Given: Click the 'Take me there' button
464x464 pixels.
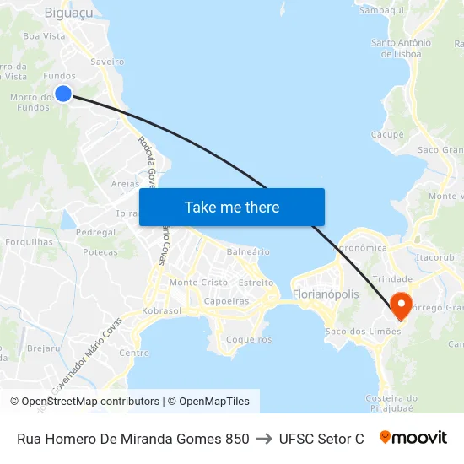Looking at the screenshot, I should point(232,208).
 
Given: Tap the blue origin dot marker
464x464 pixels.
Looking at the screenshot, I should point(62,94).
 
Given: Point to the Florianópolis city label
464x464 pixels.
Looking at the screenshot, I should point(326,295).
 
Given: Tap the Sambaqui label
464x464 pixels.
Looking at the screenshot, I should point(382,10).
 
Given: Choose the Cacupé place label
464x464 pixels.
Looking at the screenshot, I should point(387,134).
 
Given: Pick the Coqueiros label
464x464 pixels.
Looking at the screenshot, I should point(250,340).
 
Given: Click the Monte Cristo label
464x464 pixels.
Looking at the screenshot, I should point(198,283).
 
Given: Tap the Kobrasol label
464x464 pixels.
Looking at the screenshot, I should point(162,311).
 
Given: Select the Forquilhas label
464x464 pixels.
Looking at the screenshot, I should point(29,241).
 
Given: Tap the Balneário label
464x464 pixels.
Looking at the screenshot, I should point(248,251).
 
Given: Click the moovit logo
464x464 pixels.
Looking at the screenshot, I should point(413,438).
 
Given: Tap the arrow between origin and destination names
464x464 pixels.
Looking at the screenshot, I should point(264,439).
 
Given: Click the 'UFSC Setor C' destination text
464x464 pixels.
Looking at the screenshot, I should point(321,439).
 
